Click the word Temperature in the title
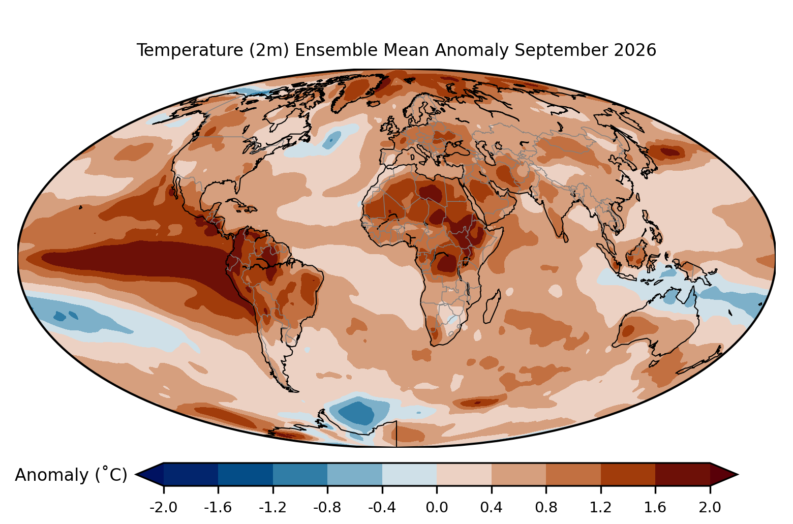[x=190, y=50]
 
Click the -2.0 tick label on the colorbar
[x=163, y=507]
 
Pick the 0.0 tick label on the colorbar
[x=437, y=507]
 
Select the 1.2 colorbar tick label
[x=601, y=507]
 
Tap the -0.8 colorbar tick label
[x=327, y=507]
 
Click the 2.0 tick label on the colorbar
[x=710, y=507]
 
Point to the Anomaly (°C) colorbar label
[x=71, y=474]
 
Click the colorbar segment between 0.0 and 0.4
[x=464, y=474]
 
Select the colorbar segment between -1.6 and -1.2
[x=246, y=474]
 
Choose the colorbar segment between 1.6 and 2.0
[x=683, y=474]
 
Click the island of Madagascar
[x=492, y=307]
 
